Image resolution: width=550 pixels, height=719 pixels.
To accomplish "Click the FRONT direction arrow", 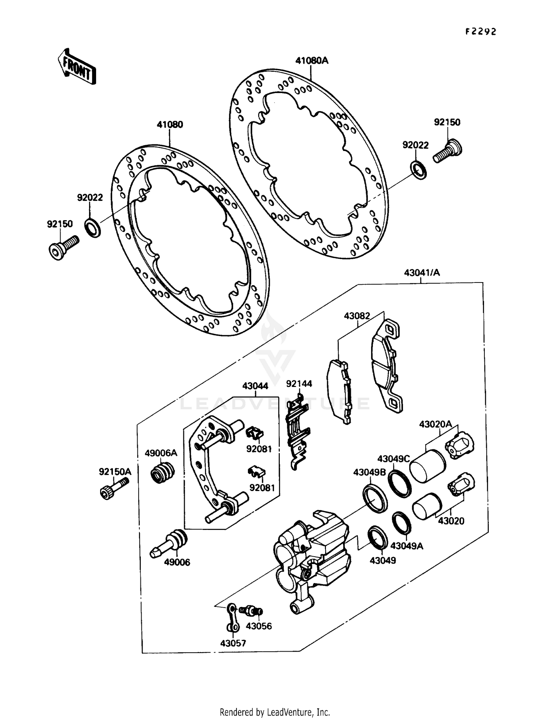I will pos(77,67).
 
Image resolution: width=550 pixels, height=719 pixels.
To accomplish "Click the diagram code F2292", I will pos(481,32).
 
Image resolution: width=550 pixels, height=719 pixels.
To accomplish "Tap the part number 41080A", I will pos(312,60).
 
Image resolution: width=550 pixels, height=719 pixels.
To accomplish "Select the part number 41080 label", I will pos(170,125).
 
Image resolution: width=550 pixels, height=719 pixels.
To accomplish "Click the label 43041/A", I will pos(422,273).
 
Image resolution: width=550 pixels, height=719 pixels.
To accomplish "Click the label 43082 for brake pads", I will pos(357,316).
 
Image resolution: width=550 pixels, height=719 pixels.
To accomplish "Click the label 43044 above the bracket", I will pos(255,386).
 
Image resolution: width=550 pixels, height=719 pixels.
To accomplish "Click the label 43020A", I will pos(435,424).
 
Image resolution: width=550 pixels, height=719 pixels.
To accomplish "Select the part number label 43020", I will pos(451,521).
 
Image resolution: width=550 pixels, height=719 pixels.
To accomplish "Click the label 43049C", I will pos(393,459).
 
